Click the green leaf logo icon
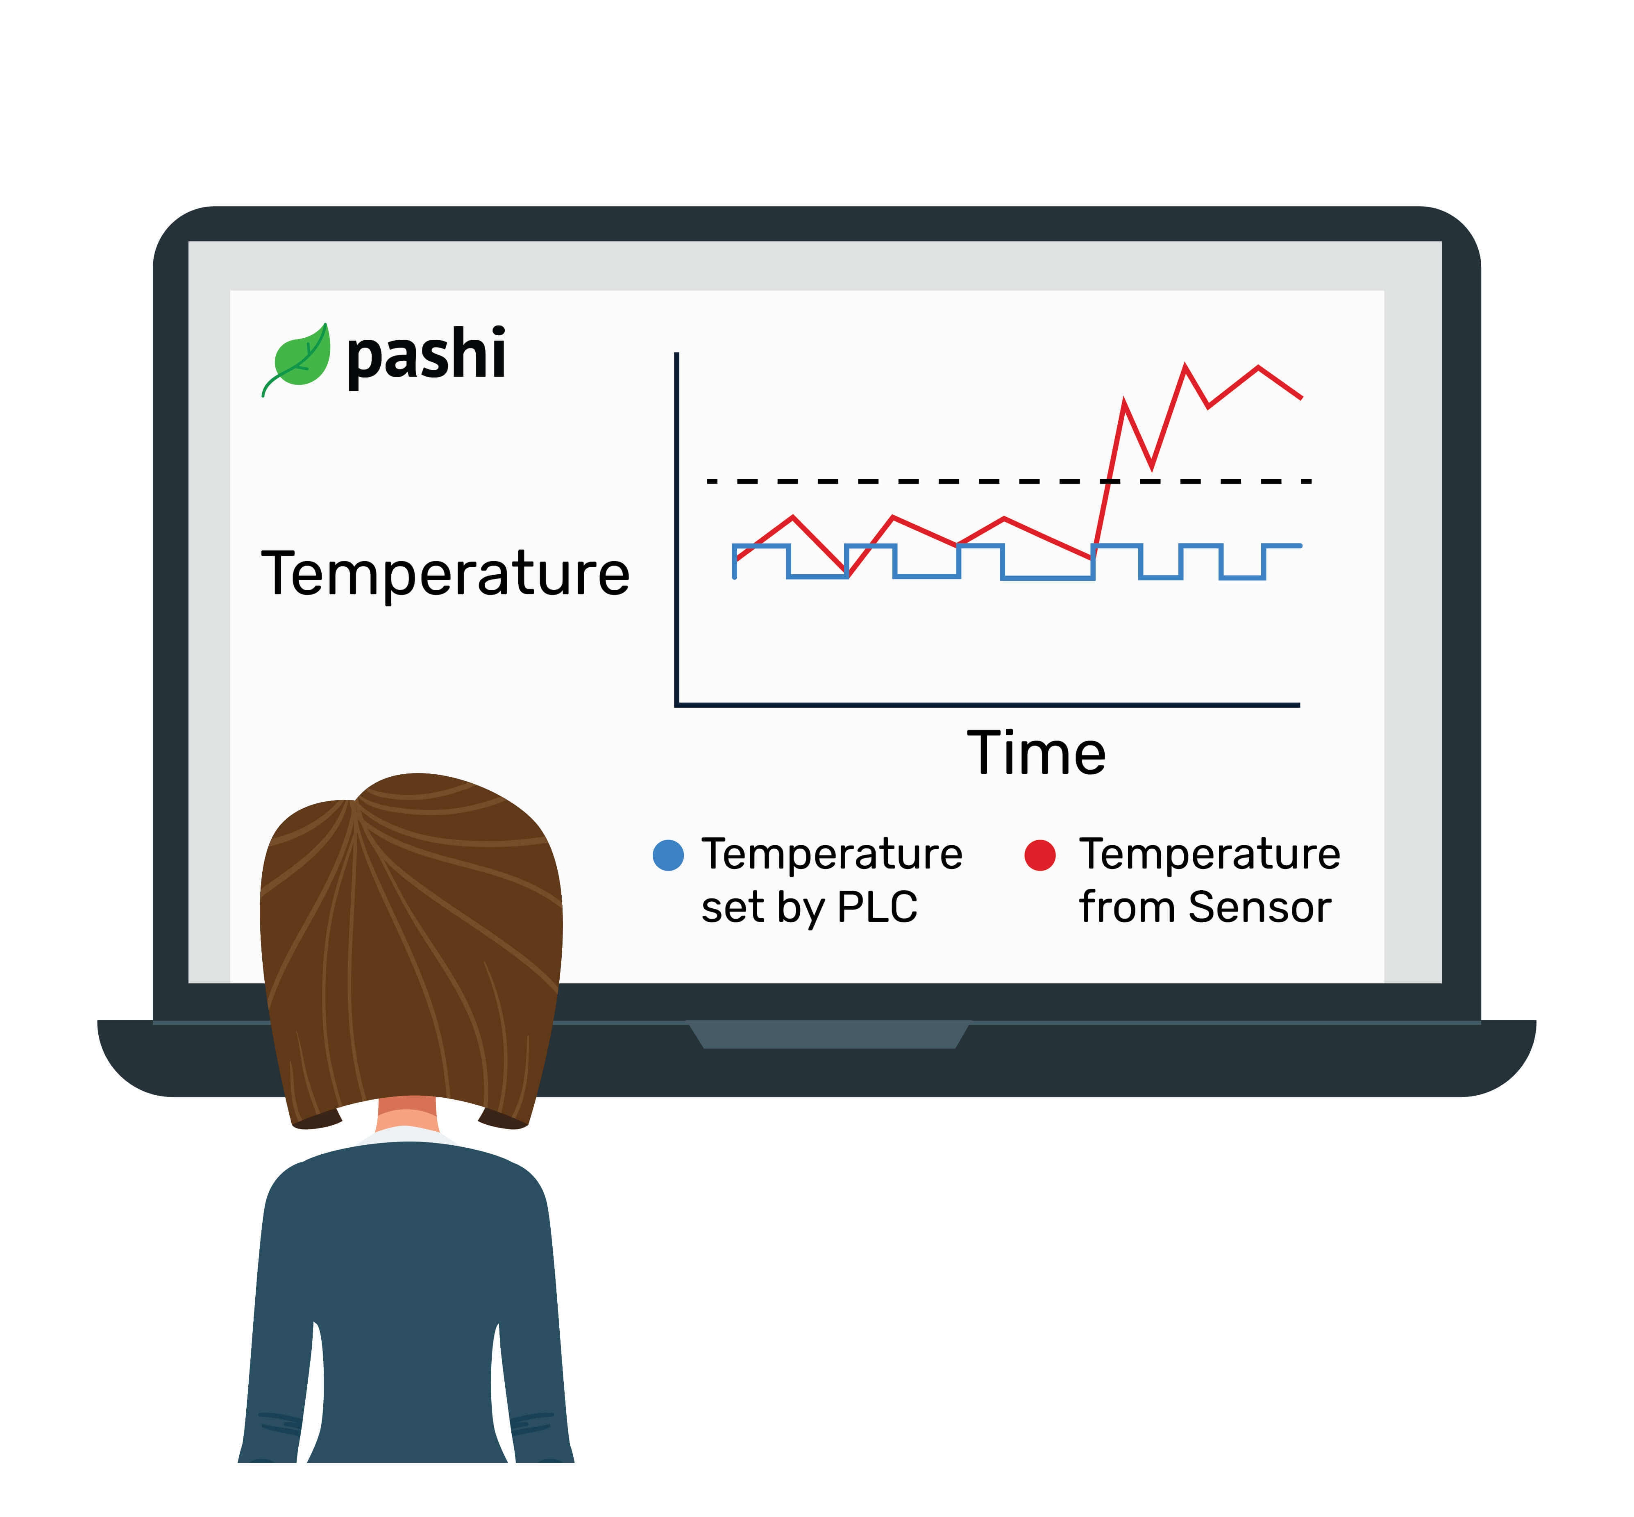(x=297, y=358)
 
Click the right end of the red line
(x=1302, y=398)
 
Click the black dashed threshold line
(x=1010, y=481)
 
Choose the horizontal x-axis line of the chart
(x=987, y=704)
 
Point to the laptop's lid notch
(x=829, y=1034)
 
